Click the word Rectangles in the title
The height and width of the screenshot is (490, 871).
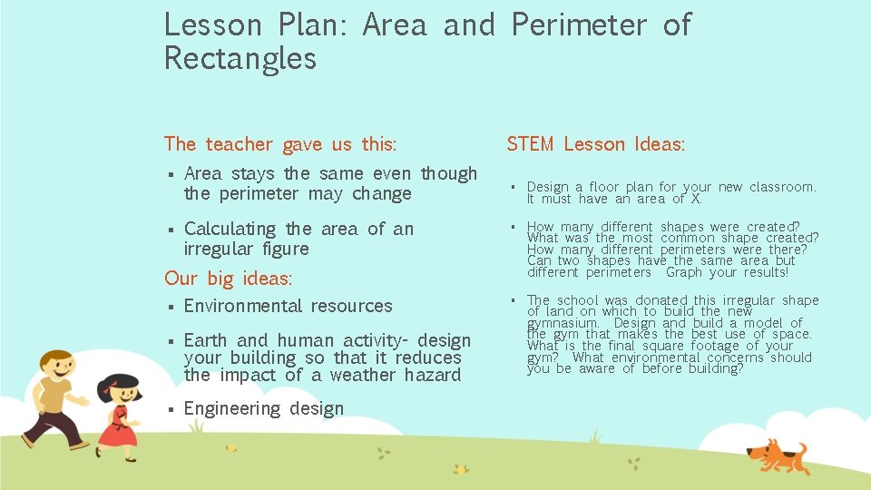(x=240, y=59)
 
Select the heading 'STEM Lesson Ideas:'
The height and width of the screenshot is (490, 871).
(x=595, y=144)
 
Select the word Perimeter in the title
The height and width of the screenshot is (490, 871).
(x=577, y=25)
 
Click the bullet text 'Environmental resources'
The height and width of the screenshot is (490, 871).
(x=288, y=307)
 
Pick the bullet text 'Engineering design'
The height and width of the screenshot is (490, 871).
(x=263, y=409)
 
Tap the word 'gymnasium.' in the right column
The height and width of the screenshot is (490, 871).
(x=563, y=323)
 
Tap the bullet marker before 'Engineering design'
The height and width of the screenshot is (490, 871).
(x=170, y=409)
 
